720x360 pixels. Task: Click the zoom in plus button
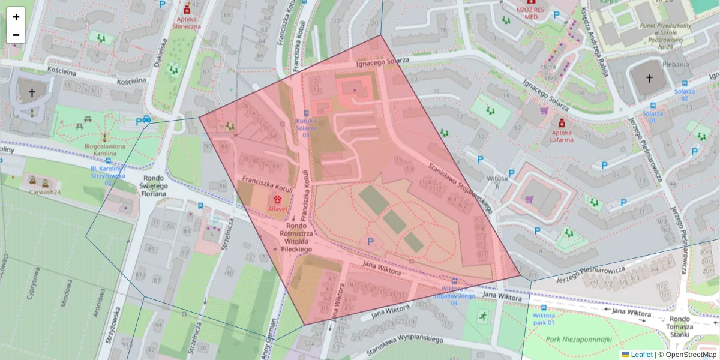pos(16,17)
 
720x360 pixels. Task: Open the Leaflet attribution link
pos(637,355)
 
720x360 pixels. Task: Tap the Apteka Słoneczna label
pos(186,22)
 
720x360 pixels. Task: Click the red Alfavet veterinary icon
pos(278,199)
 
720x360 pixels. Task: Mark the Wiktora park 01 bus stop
pos(544,319)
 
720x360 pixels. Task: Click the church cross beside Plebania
pos(649,79)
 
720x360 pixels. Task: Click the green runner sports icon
pos(483,315)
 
